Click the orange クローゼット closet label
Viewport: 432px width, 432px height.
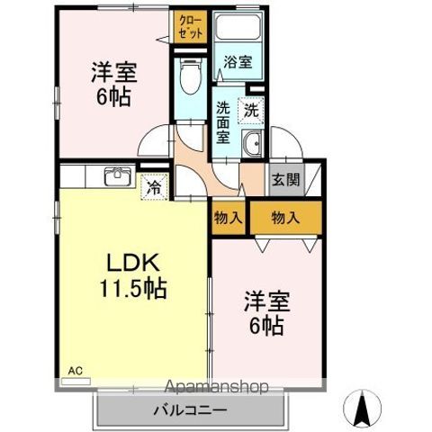[x=190, y=24]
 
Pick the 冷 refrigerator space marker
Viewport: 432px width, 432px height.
[x=155, y=188]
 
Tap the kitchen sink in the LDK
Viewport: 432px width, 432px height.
[x=117, y=176]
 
